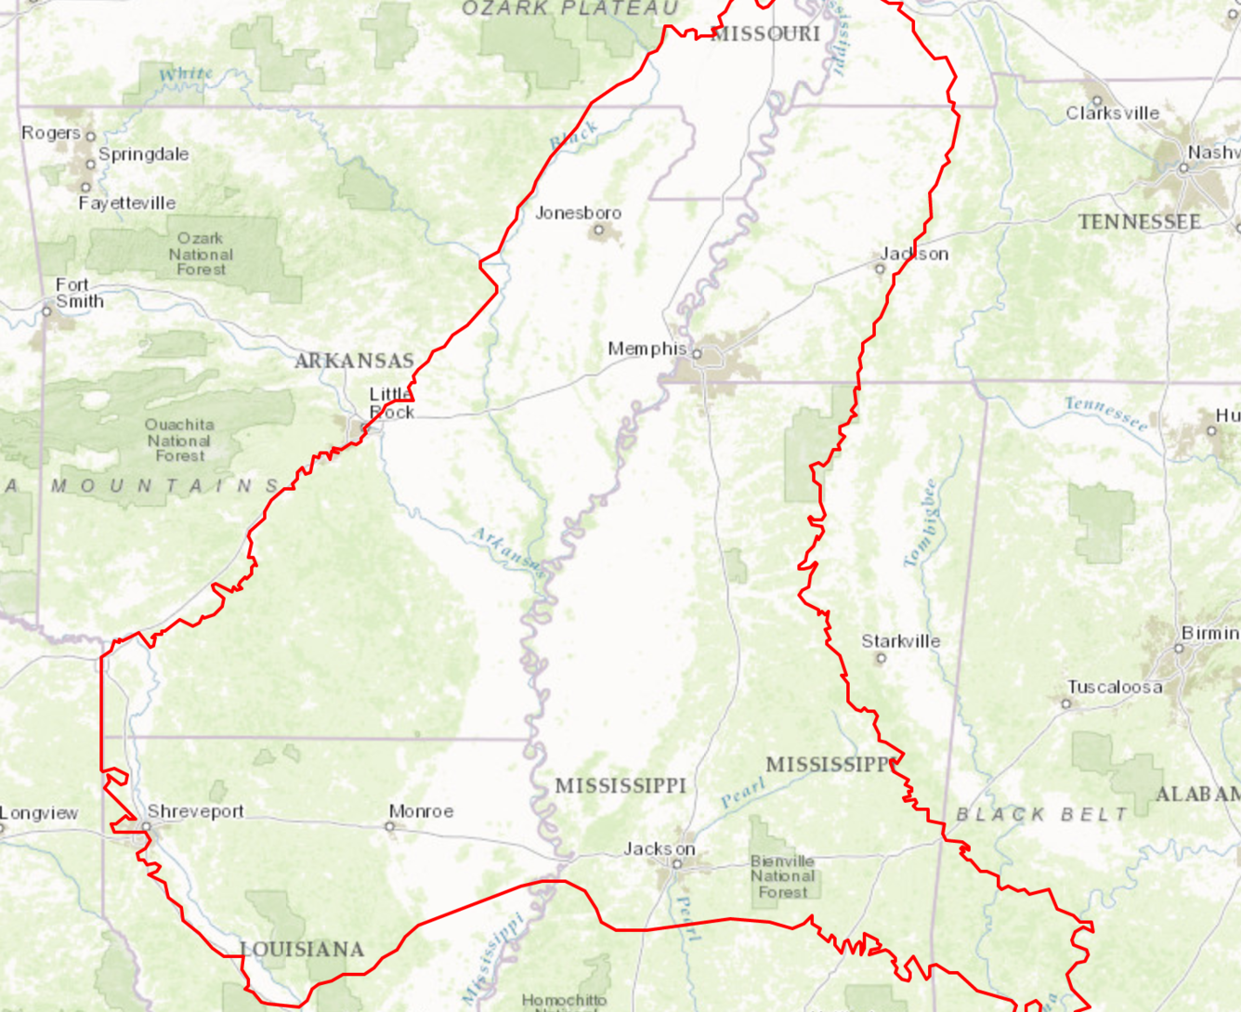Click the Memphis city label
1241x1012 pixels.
tap(647, 348)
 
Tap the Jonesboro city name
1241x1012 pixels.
tap(578, 213)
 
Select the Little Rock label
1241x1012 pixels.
tap(391, 402)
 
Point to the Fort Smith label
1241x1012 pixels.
tap(79, 293)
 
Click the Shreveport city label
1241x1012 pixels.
tap(195, 811)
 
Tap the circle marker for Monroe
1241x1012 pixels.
tap(390, 826)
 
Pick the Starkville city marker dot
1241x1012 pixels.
tap(881, 658)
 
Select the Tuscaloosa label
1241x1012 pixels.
tap(1114, 687)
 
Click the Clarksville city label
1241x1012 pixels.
tap(1112, 113)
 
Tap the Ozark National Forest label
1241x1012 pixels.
tap(201, 254)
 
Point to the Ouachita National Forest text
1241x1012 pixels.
tap(179, 440)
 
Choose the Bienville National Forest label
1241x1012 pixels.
tap(782, 876)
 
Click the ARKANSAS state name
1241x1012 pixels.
tap(354, 361)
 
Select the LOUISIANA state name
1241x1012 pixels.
tap(302, 949)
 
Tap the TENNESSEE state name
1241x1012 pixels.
tap(1139, 222)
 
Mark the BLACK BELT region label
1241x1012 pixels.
tap(1042, 814)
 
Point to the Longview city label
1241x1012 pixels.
tap(39, 813)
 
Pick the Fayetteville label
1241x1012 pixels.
tap(127, 203)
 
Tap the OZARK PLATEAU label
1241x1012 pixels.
tap(570, 8)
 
